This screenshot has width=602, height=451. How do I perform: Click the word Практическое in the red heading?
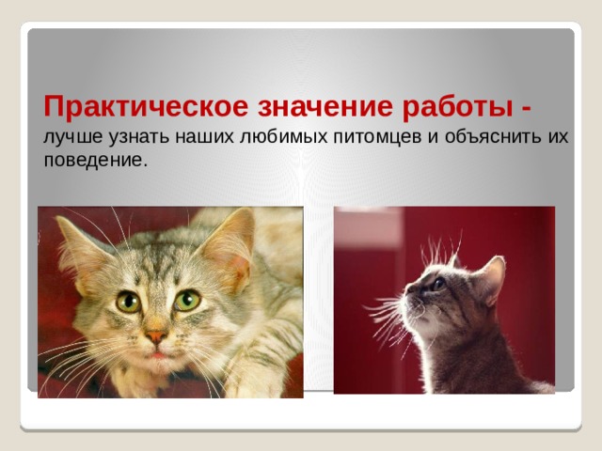(146, 106)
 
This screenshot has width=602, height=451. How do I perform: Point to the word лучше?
(73, 137)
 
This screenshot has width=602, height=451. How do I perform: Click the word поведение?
(96, 160)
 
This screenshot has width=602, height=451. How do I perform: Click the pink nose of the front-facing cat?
(156, 336)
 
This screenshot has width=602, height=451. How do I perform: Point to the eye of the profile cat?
(439, 284)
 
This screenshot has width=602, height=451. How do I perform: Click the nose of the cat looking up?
(409, 288)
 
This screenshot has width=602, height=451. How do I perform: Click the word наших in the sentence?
(204, 138)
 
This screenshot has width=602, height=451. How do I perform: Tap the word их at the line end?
(556, 138)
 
